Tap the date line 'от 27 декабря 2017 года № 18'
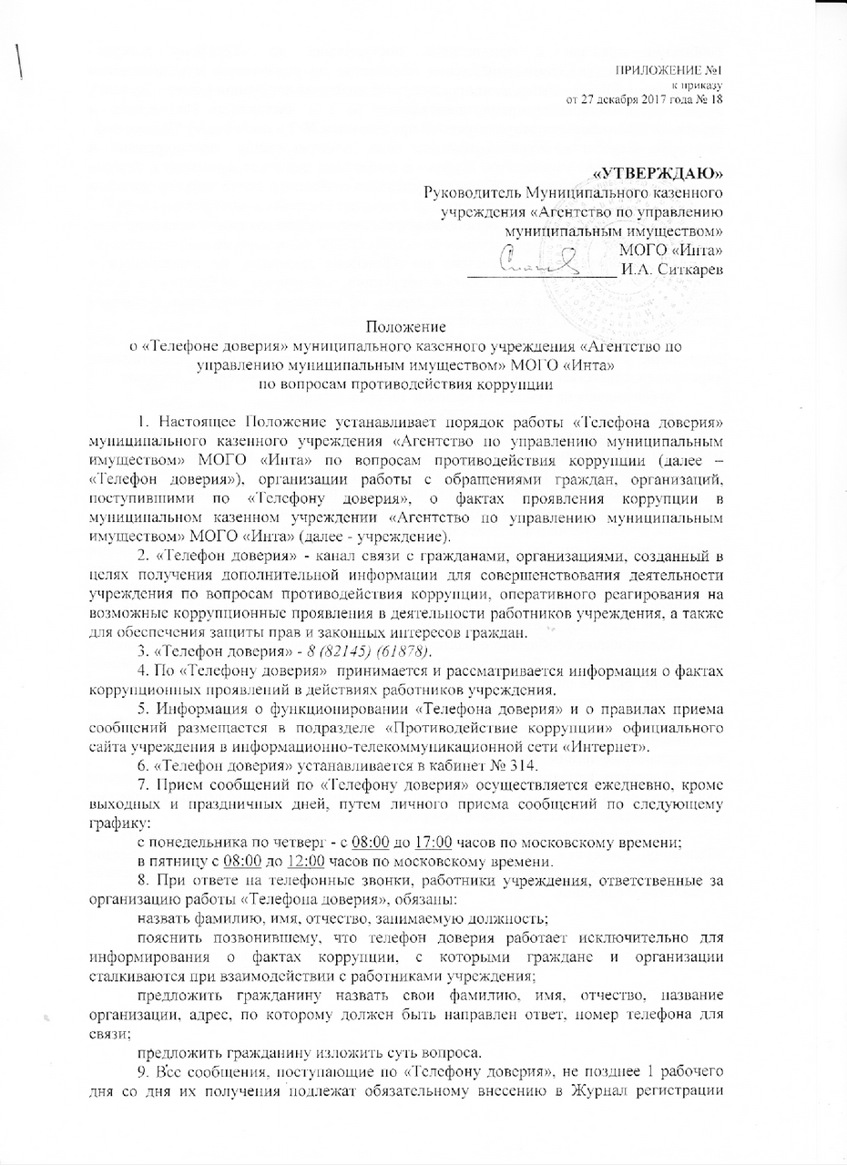(645, 98)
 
